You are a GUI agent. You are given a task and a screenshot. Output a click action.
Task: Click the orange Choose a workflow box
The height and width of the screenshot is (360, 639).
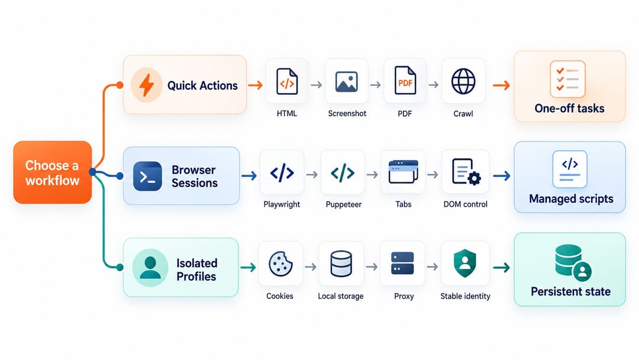pyautogui.click(x=53, y=172)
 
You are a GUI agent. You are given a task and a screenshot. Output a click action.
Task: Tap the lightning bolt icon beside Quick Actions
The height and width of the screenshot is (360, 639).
pyautogui.click(x=147, y=85)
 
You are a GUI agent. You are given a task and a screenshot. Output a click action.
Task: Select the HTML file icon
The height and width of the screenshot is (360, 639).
pyautogui.click(x=287, y=82)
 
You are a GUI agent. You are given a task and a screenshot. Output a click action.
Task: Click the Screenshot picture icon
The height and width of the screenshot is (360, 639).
pyautogui.click(x=347, y=82)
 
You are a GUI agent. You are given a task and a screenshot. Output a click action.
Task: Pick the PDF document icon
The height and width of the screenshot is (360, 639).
pyautogui.click(x=405, y=81)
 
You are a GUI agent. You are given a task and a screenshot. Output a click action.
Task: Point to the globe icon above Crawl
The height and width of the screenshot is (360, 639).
pyautogui.click(x=463, y=82)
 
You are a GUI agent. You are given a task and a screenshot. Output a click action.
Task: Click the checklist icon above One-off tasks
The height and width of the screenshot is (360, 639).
pyautogui.click(x=567, y=79)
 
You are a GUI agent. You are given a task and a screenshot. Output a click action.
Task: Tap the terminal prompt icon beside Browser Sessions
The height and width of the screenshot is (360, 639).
pyautogui.click(x=147, y=176)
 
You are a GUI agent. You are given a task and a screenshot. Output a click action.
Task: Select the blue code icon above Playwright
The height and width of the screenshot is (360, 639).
pyautogui.click(x=282, y=173)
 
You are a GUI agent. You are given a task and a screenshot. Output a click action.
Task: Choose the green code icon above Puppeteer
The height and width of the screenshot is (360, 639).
pyautogui.click(x=343, y=173)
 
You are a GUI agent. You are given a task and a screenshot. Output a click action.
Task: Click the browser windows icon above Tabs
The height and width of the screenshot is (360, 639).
pyautogui.click(x=404, y=172)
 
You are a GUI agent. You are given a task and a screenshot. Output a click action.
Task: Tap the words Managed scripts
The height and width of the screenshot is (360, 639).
pyautogui.click(x=571, y=198)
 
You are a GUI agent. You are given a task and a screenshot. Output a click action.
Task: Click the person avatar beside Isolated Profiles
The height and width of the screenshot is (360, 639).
pyautogui.click(x=150, y=268)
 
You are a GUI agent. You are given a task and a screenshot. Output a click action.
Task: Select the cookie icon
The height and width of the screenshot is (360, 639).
pyautogui.click(x=280, y=263)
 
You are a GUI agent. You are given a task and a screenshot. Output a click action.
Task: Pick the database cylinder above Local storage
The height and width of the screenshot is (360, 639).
pyautogui.click(x=341, y=263)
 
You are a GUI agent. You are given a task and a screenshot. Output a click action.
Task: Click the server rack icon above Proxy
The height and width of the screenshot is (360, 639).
pyautogui.click(x=403, y=263)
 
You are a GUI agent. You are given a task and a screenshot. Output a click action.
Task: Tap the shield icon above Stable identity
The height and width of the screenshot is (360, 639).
pyautogui.click(x=465, y=263)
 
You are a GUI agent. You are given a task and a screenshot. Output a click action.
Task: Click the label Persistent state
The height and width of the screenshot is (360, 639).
pyautogui.click(x=570, y=291)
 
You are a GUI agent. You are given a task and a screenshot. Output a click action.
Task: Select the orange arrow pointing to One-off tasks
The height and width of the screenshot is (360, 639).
pyautogui.click(x=501, y=85)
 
